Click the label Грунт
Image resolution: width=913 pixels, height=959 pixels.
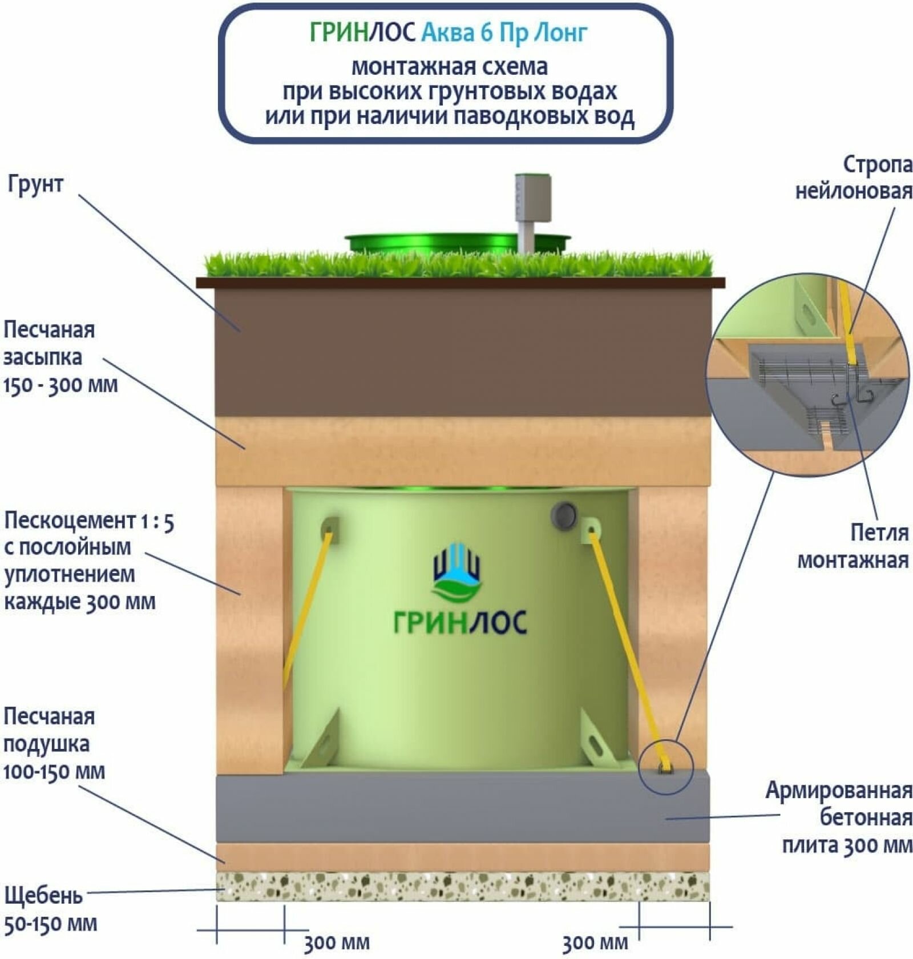(x=35, y=184)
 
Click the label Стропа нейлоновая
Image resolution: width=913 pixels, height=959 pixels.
(x=854, y=178)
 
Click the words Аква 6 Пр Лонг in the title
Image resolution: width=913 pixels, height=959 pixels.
(x=504, y=33)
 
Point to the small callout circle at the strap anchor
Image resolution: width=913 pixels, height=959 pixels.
(x=666, y=767)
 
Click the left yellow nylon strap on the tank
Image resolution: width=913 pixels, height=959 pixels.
(x=307, y=605)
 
